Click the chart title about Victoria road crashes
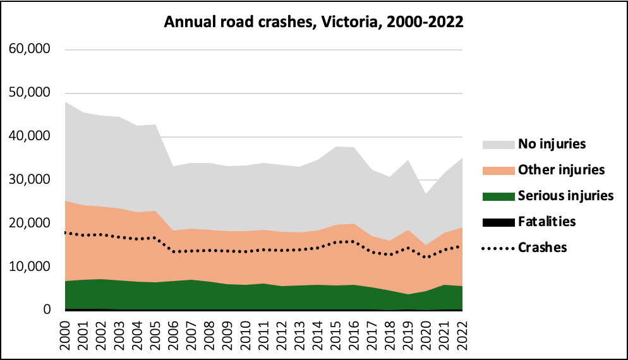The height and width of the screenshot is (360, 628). tap(314, 22)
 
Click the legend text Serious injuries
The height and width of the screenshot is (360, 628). tap(565, 196)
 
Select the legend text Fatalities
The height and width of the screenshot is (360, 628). tap(548, 222)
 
